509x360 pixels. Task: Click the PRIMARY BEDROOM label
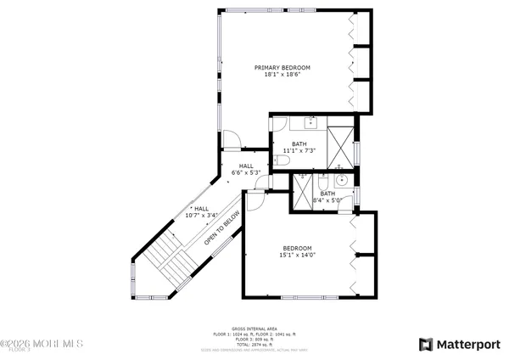[x=283, y=67]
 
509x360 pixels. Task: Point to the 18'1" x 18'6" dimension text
[x=283, y=75]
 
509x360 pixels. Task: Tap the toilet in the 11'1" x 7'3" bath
[x=283, y=160]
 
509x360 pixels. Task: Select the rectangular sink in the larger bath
[x=311, y=122]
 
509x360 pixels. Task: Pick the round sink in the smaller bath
[x=342, y=180]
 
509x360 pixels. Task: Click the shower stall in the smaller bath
[x=302, y=190]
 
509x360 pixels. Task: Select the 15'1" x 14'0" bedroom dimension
[x=298, y=256]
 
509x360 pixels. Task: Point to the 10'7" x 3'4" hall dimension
[x=201, y=215]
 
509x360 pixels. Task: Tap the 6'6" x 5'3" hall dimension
[x=246, y=172]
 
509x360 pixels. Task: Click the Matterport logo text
[x=463, y=344]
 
